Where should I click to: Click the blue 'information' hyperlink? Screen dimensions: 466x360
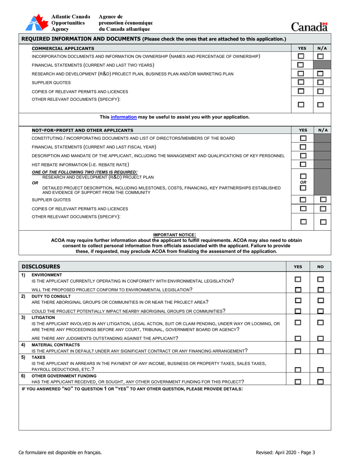pos(124,117)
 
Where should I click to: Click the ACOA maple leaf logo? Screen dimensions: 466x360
pos(37,23)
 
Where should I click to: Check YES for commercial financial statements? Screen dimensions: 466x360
pos(301,65)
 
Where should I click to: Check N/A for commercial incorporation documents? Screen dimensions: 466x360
pos(321,56)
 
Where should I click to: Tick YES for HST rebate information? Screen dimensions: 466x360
pos(303,164)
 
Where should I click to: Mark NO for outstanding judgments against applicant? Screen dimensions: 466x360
pos(321,338)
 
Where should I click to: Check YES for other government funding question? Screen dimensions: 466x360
pos(298,382)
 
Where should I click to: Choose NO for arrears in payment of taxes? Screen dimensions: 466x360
pos(321,369)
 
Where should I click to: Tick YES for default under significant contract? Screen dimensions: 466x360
pos(298,351)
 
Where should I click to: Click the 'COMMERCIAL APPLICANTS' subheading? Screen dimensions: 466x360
pos(63,48)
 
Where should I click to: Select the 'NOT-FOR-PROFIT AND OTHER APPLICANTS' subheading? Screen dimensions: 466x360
pos(82,130)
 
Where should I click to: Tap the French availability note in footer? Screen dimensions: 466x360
pos(60,452)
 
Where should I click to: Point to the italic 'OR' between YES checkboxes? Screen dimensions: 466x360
pos(303,182)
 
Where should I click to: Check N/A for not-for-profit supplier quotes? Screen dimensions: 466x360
pos(323,200)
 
